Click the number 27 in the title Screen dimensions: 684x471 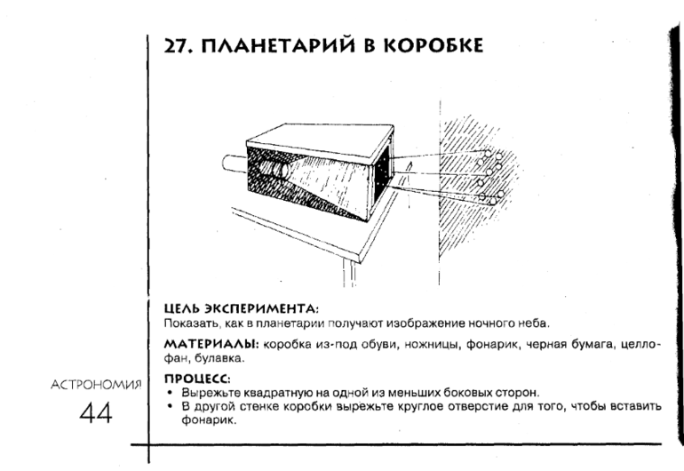pyautogui.click(x=177, y=45)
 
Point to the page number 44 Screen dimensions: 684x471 pyautogui.click(x=96, y=412)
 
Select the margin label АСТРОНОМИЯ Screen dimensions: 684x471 pyautogui.click(x=97, y=385)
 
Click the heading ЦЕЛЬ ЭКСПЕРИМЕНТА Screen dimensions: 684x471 pyautogui.click(x=242, y=308)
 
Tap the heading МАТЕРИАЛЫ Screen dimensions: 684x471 pyautogui.click(x=211, y=344)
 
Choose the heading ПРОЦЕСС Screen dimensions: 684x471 pyautogui.click(x=197, y=379)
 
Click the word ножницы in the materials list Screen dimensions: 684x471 pyautogui.click(x=433, y=345)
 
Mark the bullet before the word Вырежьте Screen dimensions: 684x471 pyautogui.click(x=171, y=393)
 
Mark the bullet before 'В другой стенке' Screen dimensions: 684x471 pyautogui.click(x=171, y=406)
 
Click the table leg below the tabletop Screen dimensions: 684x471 pyautogui.click(x=350, y=274)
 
